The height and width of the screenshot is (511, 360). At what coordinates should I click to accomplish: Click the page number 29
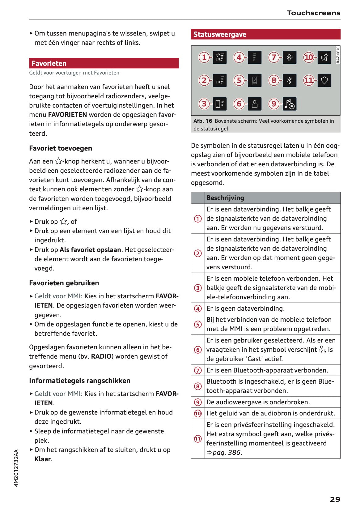[x=335, y=499]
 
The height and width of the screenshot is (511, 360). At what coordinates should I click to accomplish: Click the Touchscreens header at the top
[x=313, y=13]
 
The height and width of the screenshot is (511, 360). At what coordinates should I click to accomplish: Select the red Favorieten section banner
[x=104, y=63]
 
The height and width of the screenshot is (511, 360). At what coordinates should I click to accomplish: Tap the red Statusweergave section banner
[x=265, y=34]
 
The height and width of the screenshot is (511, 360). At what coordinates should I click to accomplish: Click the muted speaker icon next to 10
[x=324, y=57]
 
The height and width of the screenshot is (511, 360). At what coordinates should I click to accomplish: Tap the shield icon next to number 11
[x=324, y=80]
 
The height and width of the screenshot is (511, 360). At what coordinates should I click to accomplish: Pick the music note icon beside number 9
[x=290, y=104]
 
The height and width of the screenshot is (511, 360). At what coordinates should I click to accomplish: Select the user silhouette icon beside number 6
[x=255, y=104]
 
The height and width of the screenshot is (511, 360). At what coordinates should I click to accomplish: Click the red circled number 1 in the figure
[x=204, y=57]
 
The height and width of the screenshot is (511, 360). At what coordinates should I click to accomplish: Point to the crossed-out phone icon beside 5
[x=255, y=80]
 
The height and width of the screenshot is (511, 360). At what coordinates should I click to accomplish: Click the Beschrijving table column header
[x=225, y=198]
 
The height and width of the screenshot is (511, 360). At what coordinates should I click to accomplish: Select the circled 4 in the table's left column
[x=198, y=309]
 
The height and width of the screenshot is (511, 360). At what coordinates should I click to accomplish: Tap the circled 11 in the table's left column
[x=198, y=439]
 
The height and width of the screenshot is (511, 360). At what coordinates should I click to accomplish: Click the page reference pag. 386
[x=227, y=453]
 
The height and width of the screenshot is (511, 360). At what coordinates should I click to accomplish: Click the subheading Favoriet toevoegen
[x=61, y=148]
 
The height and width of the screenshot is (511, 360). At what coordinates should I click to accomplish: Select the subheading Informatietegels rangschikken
[x=80, y=381]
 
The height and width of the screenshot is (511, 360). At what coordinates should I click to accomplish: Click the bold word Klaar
[x=43, y=459]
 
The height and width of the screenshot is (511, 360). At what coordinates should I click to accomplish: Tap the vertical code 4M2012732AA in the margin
[x=16, y=468]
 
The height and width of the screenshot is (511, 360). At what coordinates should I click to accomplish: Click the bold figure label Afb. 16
[x=203, y=121]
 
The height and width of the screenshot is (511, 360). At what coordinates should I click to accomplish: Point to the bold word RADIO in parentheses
[x=101, y=356]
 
